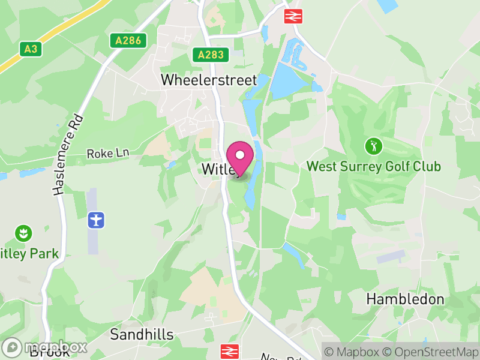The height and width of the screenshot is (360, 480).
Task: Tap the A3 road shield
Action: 31,49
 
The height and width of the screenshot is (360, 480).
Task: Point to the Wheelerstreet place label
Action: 208,80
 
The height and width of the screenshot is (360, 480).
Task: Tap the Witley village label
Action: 217,169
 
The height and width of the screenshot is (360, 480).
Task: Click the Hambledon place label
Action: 405,299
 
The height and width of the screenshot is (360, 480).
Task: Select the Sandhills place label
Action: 142,334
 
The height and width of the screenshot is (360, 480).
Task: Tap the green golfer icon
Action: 373,146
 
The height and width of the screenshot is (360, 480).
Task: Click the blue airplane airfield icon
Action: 95,220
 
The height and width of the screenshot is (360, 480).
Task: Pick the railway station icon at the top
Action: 293,16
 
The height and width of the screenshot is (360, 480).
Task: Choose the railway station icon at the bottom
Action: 230,351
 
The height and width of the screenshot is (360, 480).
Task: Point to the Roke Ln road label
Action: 108,154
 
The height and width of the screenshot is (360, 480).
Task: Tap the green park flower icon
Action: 23,233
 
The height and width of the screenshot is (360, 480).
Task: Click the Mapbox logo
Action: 45,347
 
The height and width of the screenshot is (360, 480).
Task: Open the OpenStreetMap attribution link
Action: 430,352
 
